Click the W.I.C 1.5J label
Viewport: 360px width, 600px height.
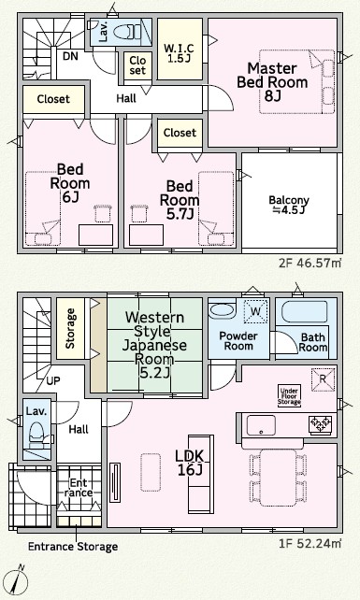click(x=179, y=53)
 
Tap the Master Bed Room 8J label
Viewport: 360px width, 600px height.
click(x=272, y=82)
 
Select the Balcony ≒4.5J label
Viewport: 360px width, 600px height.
click(x=289, y=205)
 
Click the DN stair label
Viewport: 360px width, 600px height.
click(x=70, y=56)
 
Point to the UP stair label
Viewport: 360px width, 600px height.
click(x=53, y=381)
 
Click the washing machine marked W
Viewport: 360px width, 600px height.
click(x=255, y=311)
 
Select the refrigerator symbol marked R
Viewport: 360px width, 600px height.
click(x=323, y=379)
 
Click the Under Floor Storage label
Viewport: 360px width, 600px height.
click(x=289, y=396)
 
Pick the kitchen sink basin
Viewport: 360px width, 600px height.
click(x=261, y=425)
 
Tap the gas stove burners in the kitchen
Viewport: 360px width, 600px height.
click(x=321, y=424)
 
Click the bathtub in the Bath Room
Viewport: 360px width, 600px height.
click(x=305, y=312)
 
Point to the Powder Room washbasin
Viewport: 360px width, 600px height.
click(x=222, y=310)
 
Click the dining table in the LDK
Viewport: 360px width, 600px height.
click(x=278, y=478)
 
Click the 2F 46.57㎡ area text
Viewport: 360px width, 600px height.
click(x=310, y=264)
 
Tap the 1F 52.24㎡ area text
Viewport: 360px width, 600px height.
click(x=310, y=543)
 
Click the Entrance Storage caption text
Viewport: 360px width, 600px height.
click(x=73, y=547)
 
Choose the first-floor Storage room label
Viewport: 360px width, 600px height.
click(x=70, y=329)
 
